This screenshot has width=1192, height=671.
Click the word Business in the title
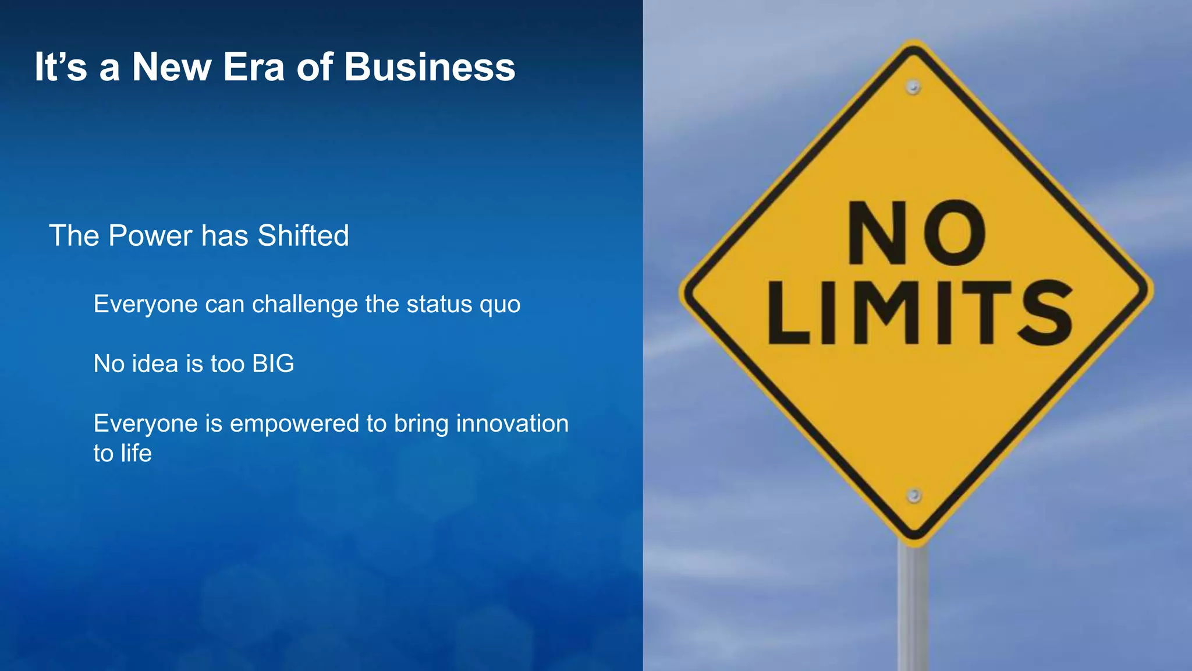tap(430, 67)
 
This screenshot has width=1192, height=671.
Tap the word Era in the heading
tap(254, 67)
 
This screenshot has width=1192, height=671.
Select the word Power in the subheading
tap(150, 236)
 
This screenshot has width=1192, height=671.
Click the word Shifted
tap(303, 236)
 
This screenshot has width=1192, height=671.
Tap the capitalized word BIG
tap(273, 364)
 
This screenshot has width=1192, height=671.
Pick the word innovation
tap(512, 423)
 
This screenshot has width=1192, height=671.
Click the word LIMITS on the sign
tap(920, 313)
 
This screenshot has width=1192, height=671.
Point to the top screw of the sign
tap(913, 87)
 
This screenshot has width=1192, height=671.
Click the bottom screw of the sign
tap(914, 496)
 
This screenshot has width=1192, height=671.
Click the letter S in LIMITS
tap(1045, 313)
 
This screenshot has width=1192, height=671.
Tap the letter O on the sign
tap(955, 234)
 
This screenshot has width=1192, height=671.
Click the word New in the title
tap(171, 67)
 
